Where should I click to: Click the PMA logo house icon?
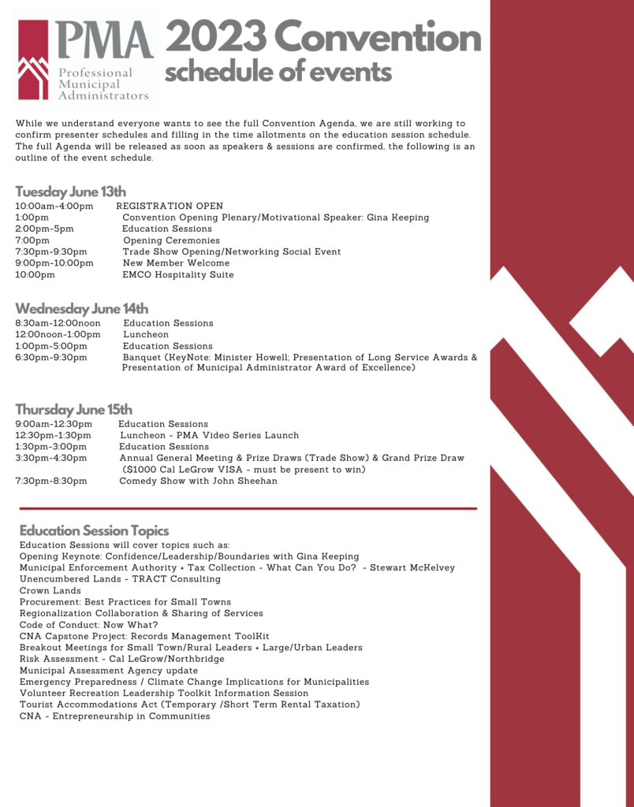click(33, 60)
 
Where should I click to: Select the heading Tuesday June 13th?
click(70, 192)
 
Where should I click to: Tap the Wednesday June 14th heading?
click(81, 308)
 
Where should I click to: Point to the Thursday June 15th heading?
click(73, 409)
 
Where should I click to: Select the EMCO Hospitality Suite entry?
click(178, 275)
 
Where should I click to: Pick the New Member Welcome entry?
click(177, 263)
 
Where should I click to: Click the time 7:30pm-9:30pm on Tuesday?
click(51, 252)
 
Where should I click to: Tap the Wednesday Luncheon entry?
click(146, 335)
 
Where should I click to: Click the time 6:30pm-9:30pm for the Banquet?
click(51, 358)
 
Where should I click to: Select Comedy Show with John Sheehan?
click(198, 482)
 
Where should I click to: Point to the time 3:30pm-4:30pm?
click(51, 458)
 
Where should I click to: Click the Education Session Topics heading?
click(94, 530)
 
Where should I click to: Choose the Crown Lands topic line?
click(50, 591)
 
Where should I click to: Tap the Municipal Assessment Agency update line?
click(109, 671)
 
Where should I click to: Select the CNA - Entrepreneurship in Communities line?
click(115, 716)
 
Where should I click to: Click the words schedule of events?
click(278, 73)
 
